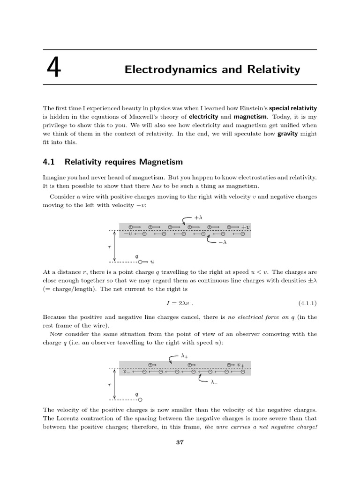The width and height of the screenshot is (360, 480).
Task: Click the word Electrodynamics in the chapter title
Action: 162,70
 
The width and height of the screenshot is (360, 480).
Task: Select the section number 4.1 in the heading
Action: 49,162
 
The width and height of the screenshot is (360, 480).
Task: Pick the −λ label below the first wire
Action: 222,242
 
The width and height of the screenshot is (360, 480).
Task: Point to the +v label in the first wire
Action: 246,227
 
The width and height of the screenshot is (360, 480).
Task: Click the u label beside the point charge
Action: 152,262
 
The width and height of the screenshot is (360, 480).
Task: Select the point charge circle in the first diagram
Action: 140,262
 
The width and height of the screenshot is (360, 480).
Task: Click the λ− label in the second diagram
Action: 214,382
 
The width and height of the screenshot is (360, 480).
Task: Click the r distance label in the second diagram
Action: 109,384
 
